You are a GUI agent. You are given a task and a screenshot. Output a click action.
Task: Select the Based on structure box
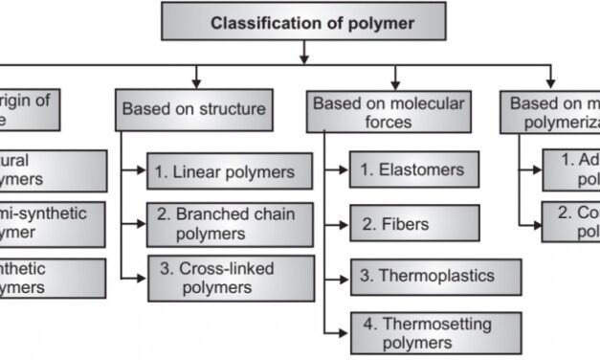[193, 110]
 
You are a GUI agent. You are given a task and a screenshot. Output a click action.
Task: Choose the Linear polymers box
[230, 172]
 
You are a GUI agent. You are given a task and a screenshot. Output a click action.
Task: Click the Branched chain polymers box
[230, 224]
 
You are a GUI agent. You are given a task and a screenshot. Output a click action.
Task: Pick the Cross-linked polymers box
[230, 278]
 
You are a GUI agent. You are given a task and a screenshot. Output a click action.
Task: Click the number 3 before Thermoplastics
[365, 277]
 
